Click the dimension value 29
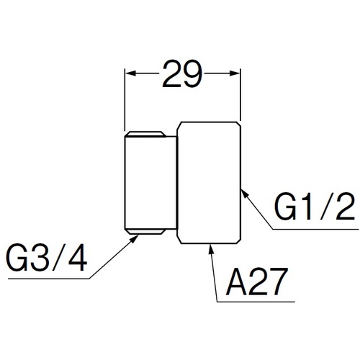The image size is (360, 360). point(182,73)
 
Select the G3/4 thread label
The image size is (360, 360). point(47,258)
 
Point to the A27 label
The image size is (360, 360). point(256,282)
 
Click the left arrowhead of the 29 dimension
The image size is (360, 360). point(131,73)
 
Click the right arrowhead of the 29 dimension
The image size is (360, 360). point(235,73)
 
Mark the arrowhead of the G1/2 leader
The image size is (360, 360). point(244,194)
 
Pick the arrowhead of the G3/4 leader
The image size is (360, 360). point(134,239)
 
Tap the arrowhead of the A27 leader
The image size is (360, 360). point(211,249)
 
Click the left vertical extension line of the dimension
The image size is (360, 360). point(125,100)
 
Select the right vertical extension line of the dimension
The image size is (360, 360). point(240,95)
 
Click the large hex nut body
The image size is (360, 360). point(209,183)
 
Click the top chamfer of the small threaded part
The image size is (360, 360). point(146,134)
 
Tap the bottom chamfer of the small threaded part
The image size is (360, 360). point(146,231)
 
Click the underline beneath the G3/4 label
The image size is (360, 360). point(49,279)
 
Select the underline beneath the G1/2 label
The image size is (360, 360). point(315,229)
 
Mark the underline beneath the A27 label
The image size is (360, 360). point(256,302)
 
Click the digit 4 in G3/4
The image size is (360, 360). point(77,258)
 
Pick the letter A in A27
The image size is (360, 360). point(237,282)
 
